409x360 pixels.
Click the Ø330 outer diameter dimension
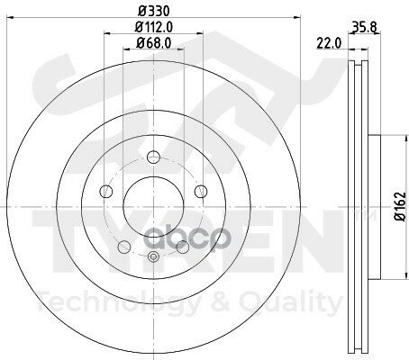151,12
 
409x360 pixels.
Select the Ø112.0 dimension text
151,27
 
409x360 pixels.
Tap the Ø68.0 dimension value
151,43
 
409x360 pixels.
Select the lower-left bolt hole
123,244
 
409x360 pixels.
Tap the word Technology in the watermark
109,305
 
